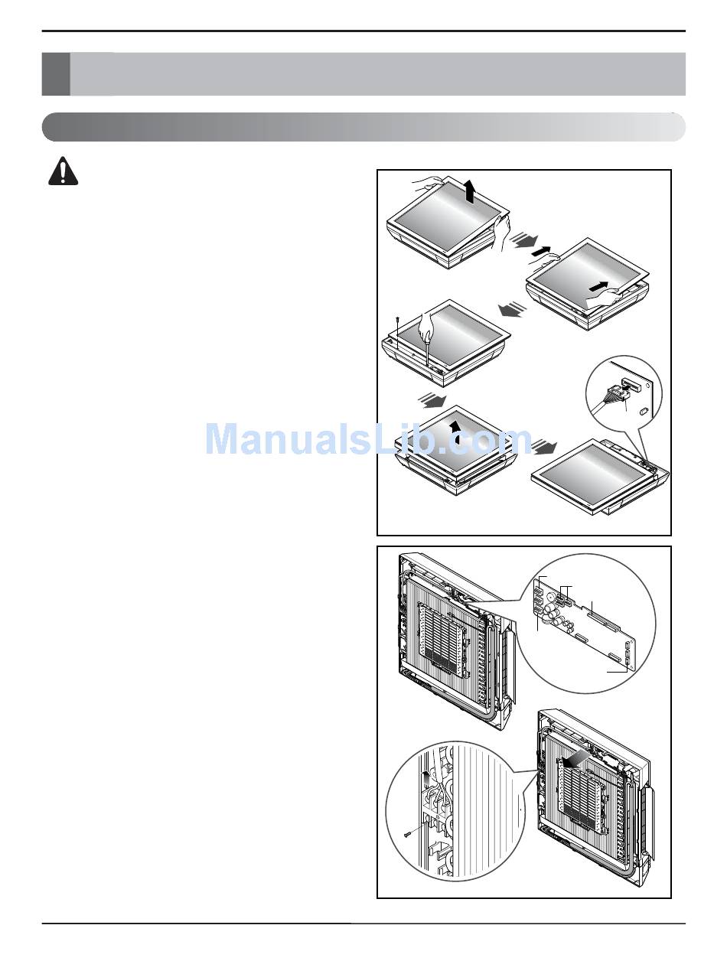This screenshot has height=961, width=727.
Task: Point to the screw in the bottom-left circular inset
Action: [411, 835]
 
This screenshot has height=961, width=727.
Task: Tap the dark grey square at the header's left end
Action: [55, 74]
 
